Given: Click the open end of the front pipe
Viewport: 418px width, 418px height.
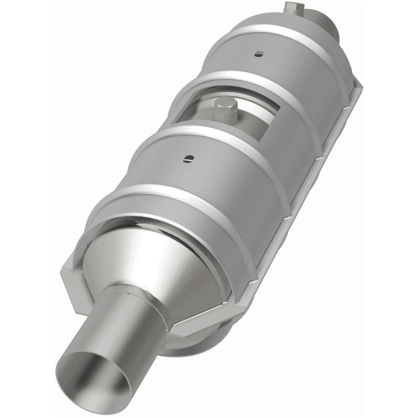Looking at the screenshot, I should pyautogui.click(x=95, y=377).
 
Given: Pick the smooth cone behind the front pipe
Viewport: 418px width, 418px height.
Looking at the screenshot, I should pyautogui.click(x=167, y=261).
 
